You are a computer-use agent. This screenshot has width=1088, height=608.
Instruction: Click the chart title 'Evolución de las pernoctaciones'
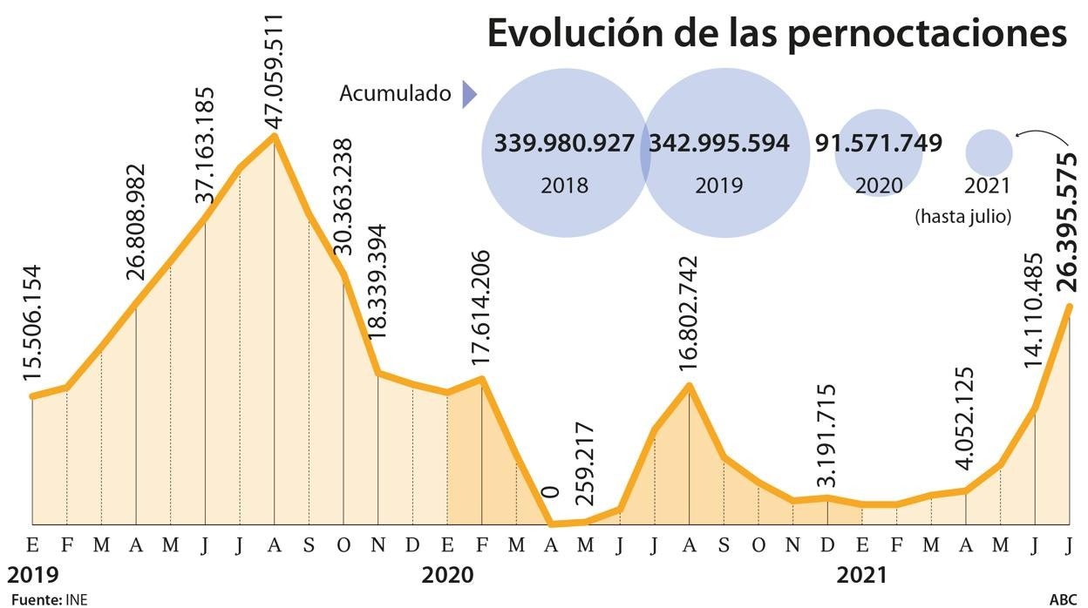pyautogui.click(x=777, y=35)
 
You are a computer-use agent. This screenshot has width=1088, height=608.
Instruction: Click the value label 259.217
pyautogui.click(x=584, y=470)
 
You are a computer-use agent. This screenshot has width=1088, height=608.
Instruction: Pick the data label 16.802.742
pyautogui.click(x=689, y=317)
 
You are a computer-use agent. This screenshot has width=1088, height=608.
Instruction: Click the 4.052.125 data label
pyautogui.click(x=964, y=418)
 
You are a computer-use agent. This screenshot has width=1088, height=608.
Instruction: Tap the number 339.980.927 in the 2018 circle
pyautogui.click(x=564, y=144)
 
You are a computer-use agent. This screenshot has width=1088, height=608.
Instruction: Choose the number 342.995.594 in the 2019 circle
pyautogui.click(x=719, y=144)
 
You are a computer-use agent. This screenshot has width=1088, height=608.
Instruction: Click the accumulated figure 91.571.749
pyautogui.click(x=879, y=144)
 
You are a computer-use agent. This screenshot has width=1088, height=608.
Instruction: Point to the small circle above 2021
pyautogui.click(x=989, y=152)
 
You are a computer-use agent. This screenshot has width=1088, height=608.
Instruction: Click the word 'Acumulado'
pyautogui.click(x=395, y=93)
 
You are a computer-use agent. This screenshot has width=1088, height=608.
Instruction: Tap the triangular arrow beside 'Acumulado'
pyautogui.click(x=469, y=93)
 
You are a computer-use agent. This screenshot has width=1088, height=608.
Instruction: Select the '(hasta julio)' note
pyautogui.click(x=962, y=216)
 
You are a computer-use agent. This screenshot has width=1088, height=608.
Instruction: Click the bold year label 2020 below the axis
pyautogui.click(x=447, y=575)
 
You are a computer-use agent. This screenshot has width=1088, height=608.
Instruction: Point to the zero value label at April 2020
pyautogui.click(x=550, y=493)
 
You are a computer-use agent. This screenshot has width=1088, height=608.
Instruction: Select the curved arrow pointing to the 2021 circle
pyautogui.click(x=1043, y=134)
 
